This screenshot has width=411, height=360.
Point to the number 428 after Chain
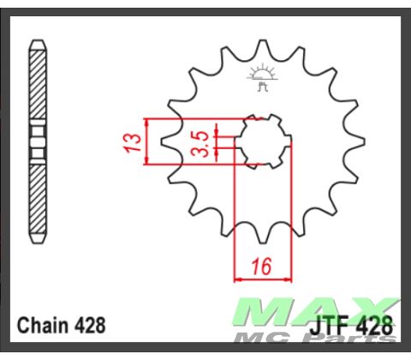[x=91, y=326]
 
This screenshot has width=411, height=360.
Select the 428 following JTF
[x=377, y=326]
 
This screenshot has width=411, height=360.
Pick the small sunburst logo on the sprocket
[x=261, y=73]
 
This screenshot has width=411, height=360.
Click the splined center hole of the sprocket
[x=262, y=141]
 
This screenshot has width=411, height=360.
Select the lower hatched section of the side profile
[x=38, y=197]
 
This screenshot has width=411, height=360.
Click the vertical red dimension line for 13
[x=149, y=141]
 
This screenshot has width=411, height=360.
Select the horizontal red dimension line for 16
[x=262, y=278]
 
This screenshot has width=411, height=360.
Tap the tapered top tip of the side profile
[x=38, y=43]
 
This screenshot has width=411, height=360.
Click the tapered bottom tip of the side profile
[x=38, y=239]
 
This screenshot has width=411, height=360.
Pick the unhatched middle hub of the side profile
[x=38, y=141]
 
